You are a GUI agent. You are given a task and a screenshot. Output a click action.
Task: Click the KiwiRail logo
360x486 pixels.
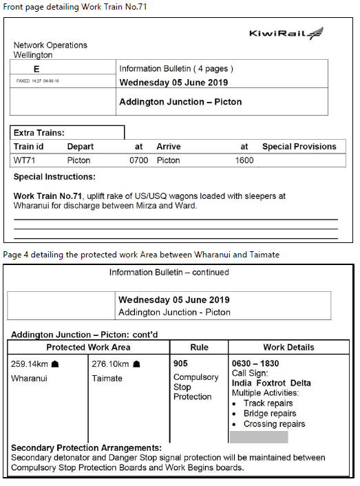tap(285, 34)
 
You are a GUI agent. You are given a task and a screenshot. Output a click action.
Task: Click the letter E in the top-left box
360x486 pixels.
tap(36, 69)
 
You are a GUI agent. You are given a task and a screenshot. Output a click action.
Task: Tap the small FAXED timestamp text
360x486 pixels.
tap(37, 81)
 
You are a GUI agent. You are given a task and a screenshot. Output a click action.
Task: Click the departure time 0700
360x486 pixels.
tap(138, 160)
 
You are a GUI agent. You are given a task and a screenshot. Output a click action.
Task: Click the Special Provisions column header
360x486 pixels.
tap(299, 147)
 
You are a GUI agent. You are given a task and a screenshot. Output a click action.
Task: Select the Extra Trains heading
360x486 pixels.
tap(39, 133)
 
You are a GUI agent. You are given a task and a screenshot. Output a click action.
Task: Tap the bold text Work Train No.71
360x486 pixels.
tap(47, 196)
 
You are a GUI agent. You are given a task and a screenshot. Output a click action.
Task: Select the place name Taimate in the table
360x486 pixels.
tap(107, 378)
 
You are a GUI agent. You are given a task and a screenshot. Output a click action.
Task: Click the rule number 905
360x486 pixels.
tap(181, 363)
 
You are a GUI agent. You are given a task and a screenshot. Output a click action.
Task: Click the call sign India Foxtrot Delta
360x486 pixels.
tap(271, 383)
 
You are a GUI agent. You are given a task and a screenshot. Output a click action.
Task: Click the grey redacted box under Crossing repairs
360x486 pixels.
tap(258, 437)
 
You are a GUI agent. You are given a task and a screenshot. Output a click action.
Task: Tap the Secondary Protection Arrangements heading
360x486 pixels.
tap(86, 448)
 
